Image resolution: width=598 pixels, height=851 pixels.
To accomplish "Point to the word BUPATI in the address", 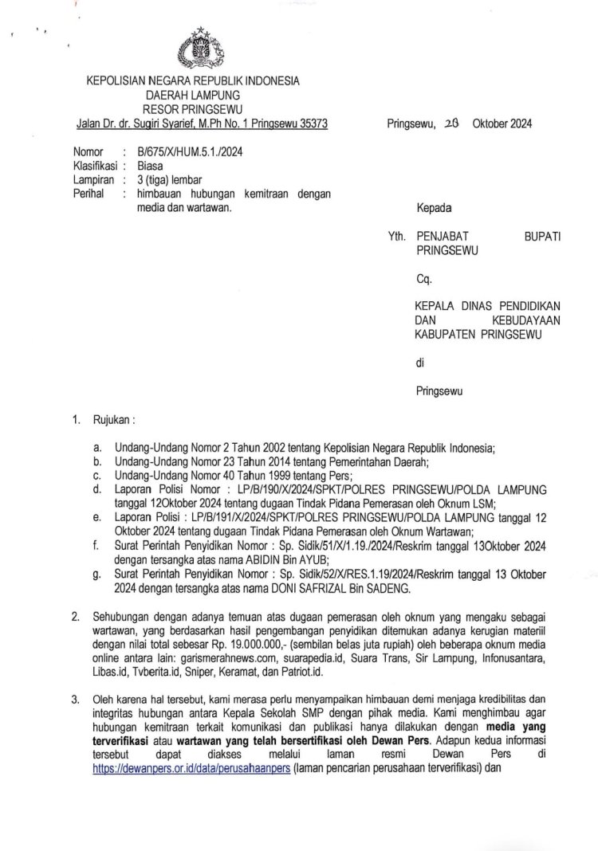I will pos(541,237).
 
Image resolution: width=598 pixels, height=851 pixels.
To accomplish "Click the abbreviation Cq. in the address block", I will pos(423,279).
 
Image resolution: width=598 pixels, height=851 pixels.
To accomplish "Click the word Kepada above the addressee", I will pos(434,209).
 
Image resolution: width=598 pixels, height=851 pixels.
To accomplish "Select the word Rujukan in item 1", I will pos(112,418).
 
